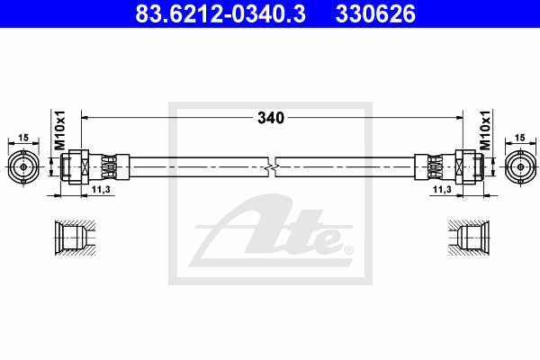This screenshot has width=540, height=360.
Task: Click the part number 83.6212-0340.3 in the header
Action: tap(220, 13)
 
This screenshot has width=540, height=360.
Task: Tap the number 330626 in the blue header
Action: tap(375, 13)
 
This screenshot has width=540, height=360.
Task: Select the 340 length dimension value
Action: tap(271, 118)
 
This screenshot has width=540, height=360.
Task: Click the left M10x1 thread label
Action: tap(60, 130)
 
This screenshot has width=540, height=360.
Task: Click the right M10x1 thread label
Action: tap(485, 130)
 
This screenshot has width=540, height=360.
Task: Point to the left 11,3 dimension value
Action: tap(101, 190)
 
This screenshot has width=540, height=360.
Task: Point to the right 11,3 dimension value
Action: tap(442, 190)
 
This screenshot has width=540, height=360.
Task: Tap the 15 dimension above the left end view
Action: tap(23, 138)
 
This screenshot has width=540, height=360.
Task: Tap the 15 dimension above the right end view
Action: tap(519, 138)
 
